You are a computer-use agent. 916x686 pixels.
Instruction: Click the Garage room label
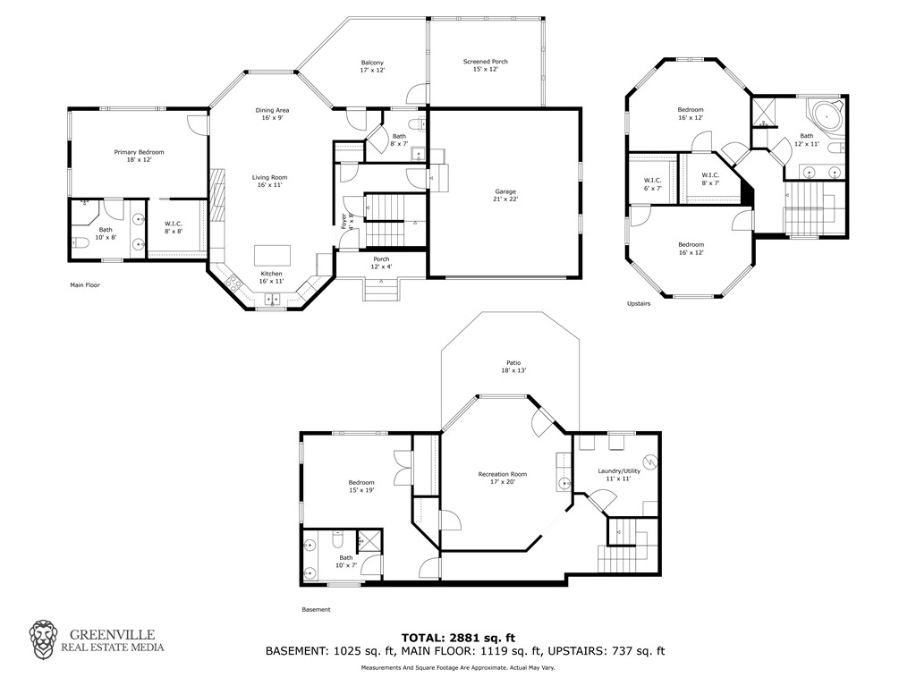(x=506, y=195)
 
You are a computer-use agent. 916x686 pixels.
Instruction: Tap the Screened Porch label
(x=485, y=65)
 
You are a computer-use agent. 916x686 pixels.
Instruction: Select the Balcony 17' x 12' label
(x=372, y=66)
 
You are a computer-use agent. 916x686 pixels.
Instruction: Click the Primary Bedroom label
(x=139, y=157)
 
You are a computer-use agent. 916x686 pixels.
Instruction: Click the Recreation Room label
(x=502, y=478)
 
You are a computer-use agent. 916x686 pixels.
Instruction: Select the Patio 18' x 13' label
(x=512, y=366)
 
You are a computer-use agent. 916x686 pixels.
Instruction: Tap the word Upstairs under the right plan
(x=639, y=303)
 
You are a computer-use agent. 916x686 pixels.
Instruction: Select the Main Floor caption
(x=85, y=285)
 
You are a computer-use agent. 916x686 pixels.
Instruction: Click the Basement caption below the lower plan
(x=316, y=609)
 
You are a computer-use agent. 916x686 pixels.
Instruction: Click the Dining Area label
(x=272, y=114)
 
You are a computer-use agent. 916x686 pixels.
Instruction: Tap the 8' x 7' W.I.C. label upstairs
(x=710, y=178)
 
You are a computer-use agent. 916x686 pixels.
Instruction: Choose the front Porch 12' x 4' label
(x=381, y=262)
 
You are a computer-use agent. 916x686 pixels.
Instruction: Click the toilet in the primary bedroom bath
(x=79, y=241)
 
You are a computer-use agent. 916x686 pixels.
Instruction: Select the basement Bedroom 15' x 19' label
(x=361, y=486)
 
